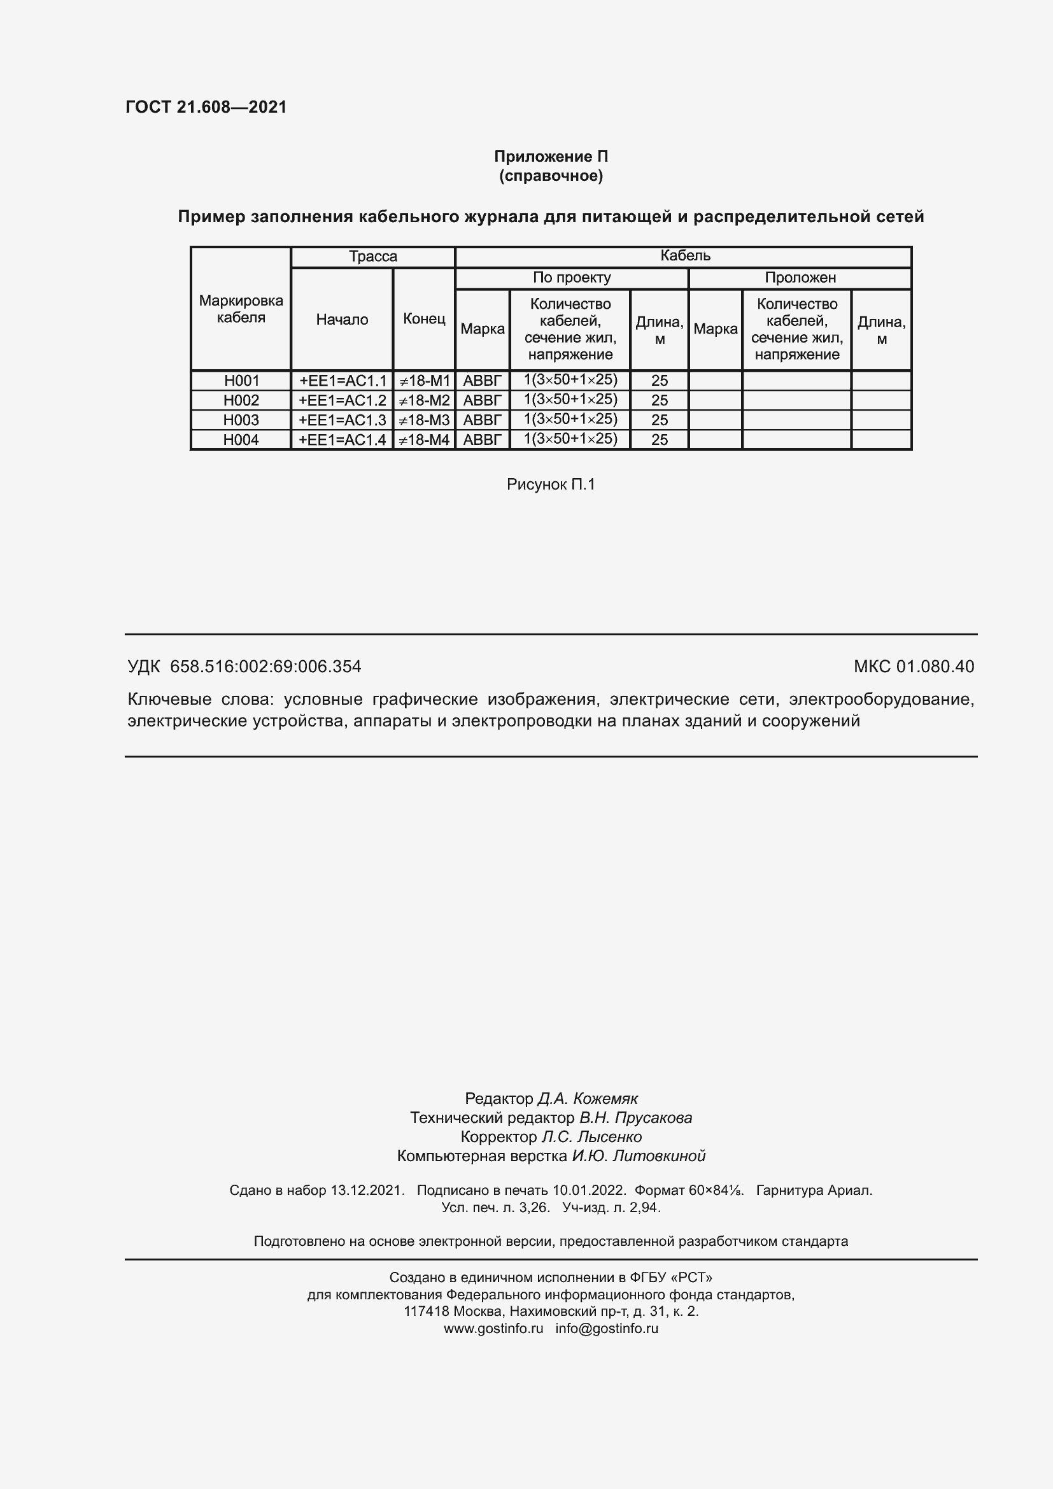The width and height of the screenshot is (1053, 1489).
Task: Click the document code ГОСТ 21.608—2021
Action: click(206, 107)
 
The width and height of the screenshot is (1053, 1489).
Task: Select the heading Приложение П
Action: click(551, 157)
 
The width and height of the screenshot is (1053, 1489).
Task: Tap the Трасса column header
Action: click(373, 256)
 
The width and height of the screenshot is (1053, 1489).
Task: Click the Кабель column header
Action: click(685, 255)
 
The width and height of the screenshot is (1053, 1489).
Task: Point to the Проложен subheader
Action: click(800, 278)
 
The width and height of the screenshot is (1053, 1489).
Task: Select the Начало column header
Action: click(342, 319)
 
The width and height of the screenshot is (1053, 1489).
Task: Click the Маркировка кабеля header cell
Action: click(241, 309)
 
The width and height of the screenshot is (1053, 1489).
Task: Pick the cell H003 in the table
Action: click(241, 420)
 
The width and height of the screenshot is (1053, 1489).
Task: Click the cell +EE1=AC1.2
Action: click(342, 400)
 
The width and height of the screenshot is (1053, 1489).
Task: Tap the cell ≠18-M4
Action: click(423, 440)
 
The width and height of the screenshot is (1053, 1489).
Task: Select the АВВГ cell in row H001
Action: click(483, 381)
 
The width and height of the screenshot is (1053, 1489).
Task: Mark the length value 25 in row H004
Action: click(659, 440)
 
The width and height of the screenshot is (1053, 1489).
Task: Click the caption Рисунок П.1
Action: click(551, 484)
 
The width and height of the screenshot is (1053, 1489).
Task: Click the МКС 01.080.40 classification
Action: click(913, 666)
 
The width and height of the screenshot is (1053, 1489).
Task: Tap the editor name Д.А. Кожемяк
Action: click(588, 1098)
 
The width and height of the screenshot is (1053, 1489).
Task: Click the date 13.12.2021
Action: click(367, 1190)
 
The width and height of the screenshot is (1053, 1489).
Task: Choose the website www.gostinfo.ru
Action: click(493, 1327)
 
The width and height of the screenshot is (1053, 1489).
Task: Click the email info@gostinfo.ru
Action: click(606, 1327)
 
